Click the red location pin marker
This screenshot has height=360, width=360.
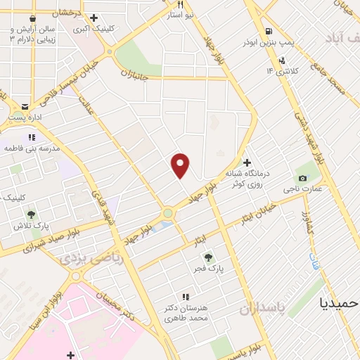click(181, 165)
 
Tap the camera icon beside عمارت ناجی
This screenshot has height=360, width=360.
click(302, 177)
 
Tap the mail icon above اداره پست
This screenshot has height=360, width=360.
click(26, 105)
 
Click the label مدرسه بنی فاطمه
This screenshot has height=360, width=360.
click(32, 150)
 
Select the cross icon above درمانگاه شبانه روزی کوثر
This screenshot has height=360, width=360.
click(247, 162)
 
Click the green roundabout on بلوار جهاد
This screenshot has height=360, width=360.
click(168, 212)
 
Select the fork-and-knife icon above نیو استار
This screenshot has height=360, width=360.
click(181, 4)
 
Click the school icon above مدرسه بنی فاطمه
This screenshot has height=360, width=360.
click(31, 137)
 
